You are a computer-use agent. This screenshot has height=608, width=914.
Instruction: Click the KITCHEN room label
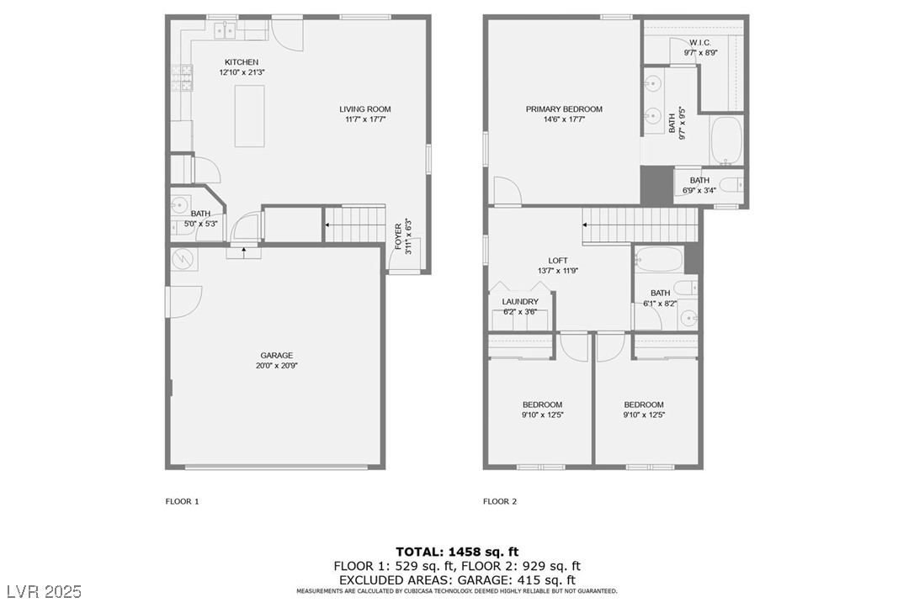pos(241,62)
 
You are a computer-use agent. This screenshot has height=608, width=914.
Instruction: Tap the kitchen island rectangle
pos(249,116)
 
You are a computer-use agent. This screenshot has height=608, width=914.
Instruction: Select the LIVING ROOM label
pos(365,109)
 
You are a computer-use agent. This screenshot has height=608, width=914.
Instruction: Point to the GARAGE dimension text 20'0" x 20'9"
pos(276,366)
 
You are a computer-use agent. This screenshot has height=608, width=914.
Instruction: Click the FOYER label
pos(398,239)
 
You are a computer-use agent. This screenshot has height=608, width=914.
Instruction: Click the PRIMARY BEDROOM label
pos(564,109)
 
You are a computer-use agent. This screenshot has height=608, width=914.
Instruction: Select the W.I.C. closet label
pos(700,42)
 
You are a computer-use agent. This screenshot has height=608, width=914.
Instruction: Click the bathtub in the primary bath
pos(725,140)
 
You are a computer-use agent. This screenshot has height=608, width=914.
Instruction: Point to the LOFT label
pos(557,261)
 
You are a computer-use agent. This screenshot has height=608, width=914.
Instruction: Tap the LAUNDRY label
pos(520,302)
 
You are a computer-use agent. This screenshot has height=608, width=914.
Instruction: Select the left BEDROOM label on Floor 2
pos(542,404)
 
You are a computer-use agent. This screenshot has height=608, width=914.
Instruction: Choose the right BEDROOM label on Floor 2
pos(643,404)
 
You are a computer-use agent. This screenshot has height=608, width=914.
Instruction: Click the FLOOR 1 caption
pos(182,501)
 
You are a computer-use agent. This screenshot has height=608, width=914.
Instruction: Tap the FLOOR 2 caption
pos(500,501)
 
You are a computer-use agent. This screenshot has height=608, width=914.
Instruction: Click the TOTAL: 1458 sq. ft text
pos(456,552)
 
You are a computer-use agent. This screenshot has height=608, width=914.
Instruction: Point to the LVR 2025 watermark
pos(42,592)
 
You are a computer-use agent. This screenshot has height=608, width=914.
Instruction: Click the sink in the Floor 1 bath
pos(178,204)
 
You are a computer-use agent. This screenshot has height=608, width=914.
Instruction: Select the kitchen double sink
pos(225,30)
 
